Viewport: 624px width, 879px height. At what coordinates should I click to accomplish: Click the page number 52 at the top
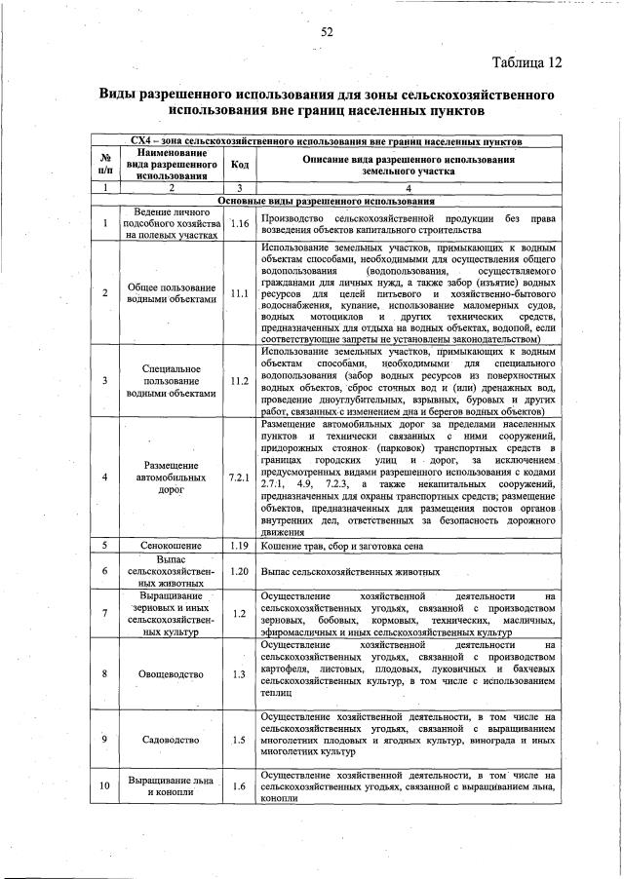click(x=328, y=32)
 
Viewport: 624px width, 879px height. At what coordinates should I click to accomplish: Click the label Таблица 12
click(x=526, y=63)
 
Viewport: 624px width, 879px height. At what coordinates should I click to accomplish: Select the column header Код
click(x=239, y=165)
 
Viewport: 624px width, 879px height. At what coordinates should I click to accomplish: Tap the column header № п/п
click(x=104, y=165)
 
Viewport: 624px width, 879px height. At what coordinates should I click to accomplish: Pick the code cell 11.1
click(x=239, y=292)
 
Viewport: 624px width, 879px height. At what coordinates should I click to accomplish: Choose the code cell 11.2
click(x=239, y=381)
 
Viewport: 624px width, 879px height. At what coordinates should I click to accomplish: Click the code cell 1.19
click(x=239, y=546)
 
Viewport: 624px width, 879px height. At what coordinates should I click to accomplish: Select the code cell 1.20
click(x=239, y=571)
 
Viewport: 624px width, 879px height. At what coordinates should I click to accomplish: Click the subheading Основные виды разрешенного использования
click(x=326, y=201)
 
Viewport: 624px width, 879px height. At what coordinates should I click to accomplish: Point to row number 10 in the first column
click(x=104, y=786)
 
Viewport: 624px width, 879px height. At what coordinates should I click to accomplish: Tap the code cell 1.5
click(x=239, y=739)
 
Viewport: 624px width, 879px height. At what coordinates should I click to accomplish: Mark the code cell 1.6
click(x=239, y=786)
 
